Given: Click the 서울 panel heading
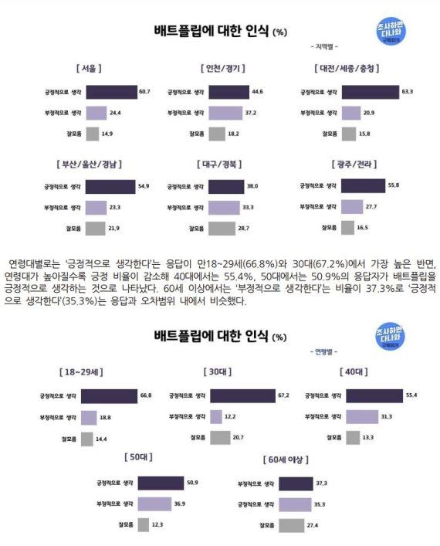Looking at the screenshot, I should [x=86, y=69].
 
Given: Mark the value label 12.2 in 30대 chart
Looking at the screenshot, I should [x=232, y=417].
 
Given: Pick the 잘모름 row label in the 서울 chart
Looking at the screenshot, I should [x=72, y=134].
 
